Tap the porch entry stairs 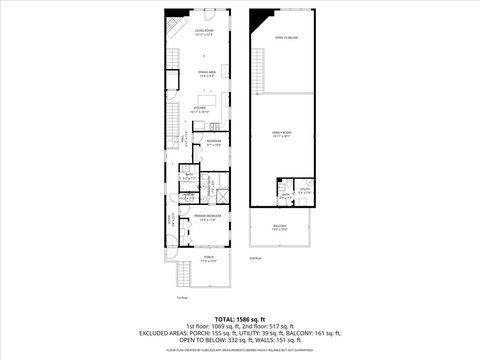point(184,276)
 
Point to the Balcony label point(281,229)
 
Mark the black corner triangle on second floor point(263,19)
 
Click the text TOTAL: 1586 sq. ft point(239,318)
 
